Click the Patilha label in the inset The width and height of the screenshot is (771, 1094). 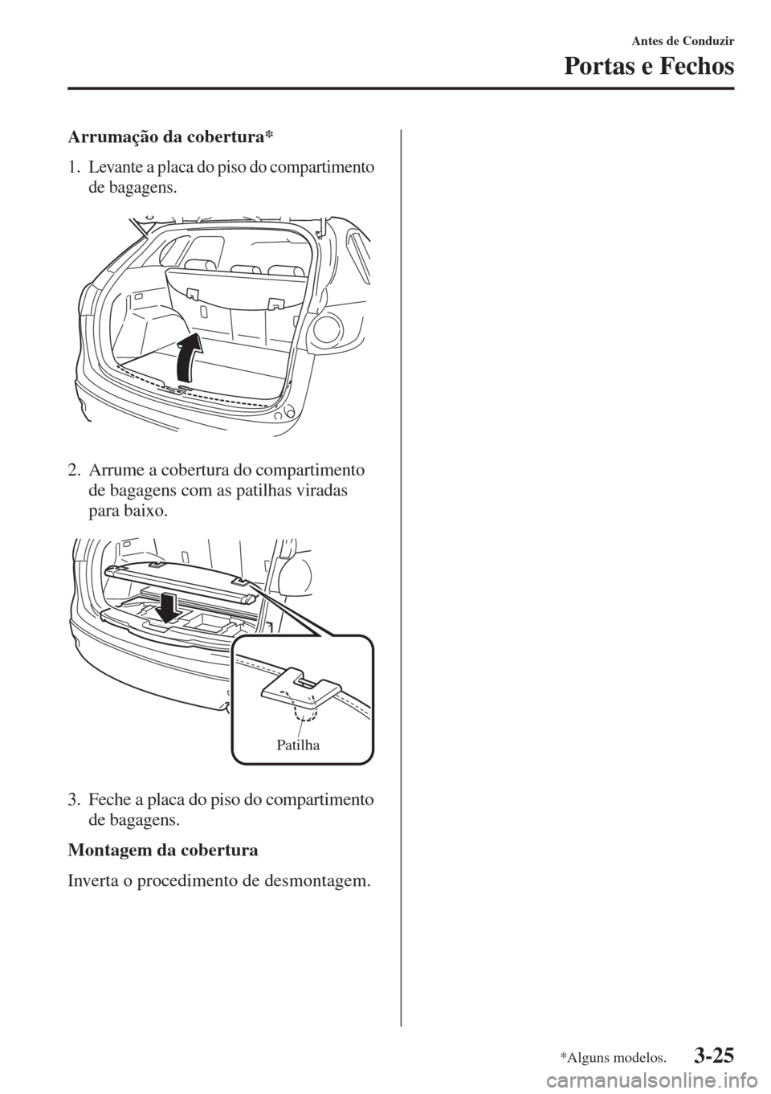pos(298,745)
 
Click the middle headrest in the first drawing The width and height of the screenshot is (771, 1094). pos(246,269)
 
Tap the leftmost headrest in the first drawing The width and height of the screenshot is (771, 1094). pos(200,264)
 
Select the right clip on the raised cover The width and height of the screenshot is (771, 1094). pos(239,579)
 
